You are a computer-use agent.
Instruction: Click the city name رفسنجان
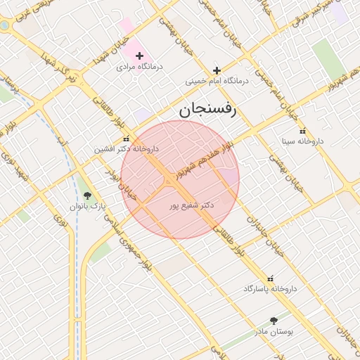pyautogui.click(x=209, y=109)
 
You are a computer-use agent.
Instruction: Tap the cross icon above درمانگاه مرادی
pyautogui.click(x=139, y=56)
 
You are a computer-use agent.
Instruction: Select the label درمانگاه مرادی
pyautogui.click(x=139, y=67)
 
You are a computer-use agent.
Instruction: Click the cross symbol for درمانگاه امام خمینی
pyautogui.click(x=217, y=70)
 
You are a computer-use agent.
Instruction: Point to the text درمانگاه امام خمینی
pyautogui.click(x=217, y=81)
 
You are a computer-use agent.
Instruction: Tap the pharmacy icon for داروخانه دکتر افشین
pyautogui.click(x=127, y=139)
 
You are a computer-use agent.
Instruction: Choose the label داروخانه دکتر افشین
pyautogui.click(x=127, y=149)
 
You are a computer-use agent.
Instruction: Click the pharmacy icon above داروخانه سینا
pyautogui.click(x=303, y=131)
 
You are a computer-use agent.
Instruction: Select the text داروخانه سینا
pyautogui.click(x=302, y=141)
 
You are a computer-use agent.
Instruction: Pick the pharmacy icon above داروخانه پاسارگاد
pyautogui.click(x=271, y=278)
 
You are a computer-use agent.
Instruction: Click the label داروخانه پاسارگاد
pyautogui.click(x=271, y=289)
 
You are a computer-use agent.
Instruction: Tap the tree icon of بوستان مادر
pyautogui.click(x=274, y=321)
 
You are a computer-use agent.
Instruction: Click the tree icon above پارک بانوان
pyautogui.click(x=87, y=196)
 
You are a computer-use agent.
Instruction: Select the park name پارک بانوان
pyautogui.click(x=87, y=207)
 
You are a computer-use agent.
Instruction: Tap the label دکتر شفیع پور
pyautogui.click(x=192, y=206)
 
